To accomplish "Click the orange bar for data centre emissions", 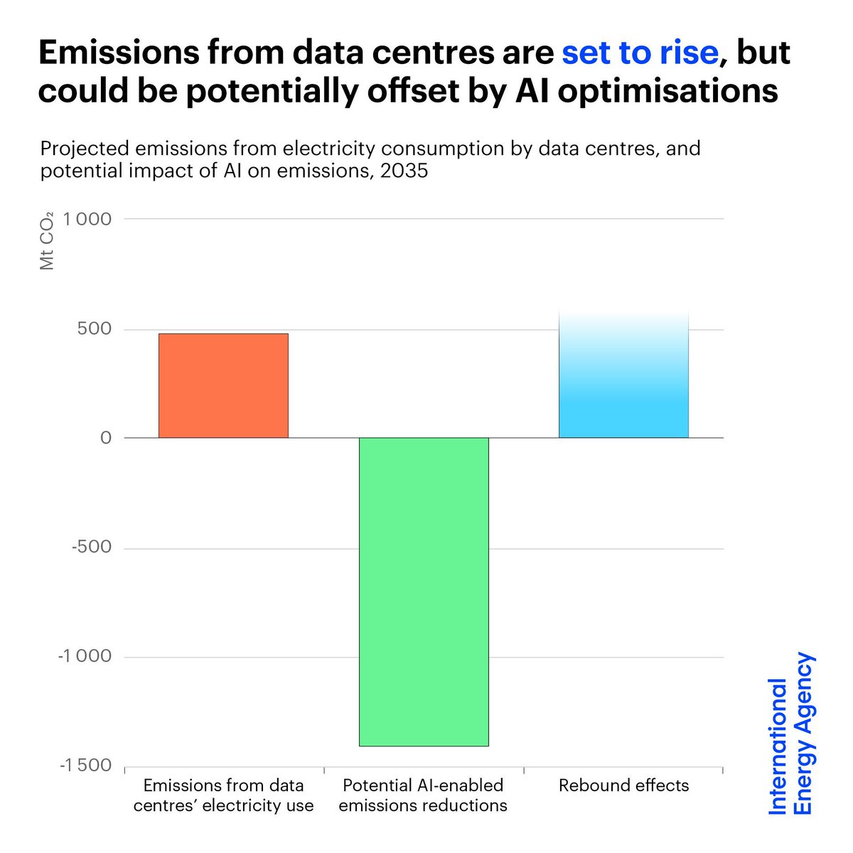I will click(x=223, y=385).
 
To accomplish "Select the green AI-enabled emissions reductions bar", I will click(x=424, y=591).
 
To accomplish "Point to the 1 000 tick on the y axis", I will click(x=87, y=220).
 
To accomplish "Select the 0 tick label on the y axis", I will click(x=106, y=438).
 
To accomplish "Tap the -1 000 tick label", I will click(x=85, y=657).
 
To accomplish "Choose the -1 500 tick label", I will click(x=85, y=766).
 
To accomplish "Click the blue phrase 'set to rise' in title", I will click(x=640, y=53).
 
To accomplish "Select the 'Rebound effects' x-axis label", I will click(x=623, y=785).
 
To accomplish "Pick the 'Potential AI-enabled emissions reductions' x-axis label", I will click(x=424, y=795).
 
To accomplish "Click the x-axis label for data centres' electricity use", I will click(x=223, y=795).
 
